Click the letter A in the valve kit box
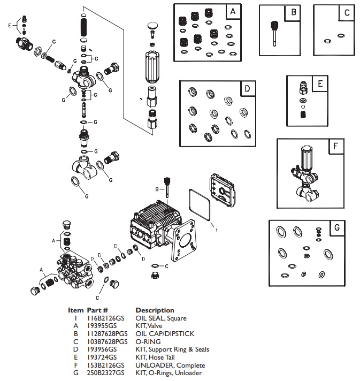coord(232,11)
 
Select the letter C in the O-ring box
coord(347,12)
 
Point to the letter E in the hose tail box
coord(320,84)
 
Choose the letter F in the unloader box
coord(335,146)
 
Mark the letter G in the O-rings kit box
coord(336,227)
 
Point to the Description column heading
coord(155,310)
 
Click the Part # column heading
coord(98,310)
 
